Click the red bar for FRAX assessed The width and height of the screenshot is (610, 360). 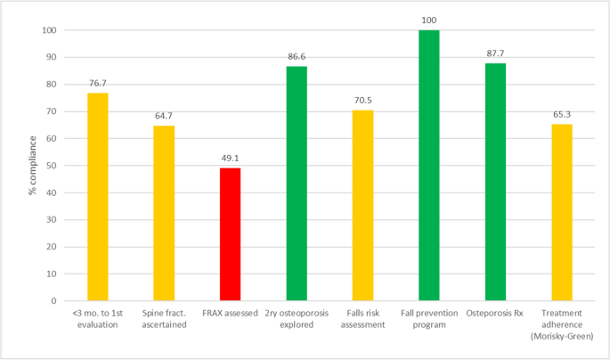[230, 234]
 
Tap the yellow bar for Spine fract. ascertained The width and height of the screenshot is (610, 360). [164, 213]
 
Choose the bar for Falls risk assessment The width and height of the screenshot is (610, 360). [362, 206]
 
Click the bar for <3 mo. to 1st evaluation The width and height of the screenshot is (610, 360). [97, 197]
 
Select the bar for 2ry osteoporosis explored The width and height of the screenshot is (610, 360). [297, 184]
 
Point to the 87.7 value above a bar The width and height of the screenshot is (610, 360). [495, 55]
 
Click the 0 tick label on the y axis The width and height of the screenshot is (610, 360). [52, 301]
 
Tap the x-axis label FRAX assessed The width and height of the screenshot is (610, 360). [230, 314]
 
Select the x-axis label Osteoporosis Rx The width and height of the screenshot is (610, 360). [495, 314]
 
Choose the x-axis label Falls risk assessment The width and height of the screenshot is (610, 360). [362, 319]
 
